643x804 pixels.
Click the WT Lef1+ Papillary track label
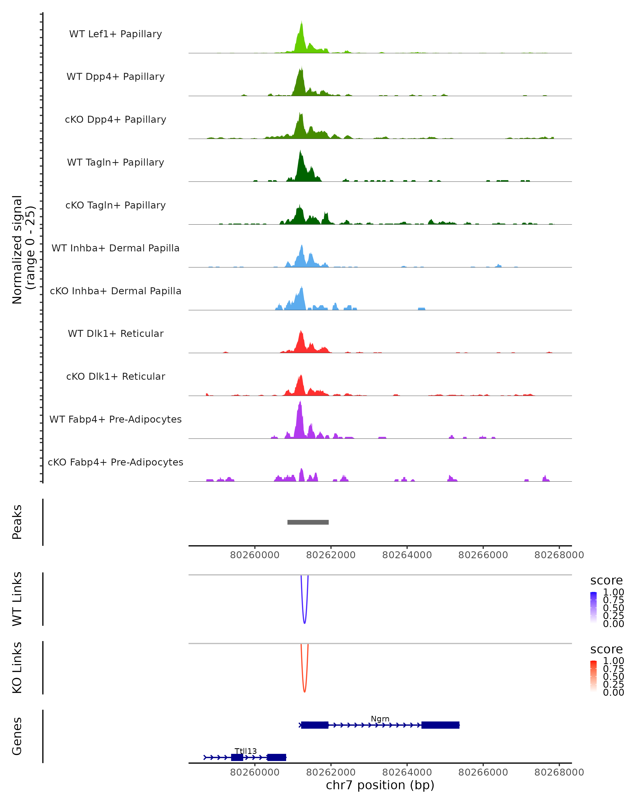[115, 34]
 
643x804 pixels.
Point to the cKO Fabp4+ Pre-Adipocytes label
[115, 462]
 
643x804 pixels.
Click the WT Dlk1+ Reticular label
[115, 333]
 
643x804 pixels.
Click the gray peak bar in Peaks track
[308, 522]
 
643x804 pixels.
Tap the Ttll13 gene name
[246, 751]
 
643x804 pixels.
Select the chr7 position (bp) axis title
[380, 785]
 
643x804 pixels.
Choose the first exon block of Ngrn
[315, 725]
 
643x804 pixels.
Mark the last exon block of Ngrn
[440, 725]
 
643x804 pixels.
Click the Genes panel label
[17, 736]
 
